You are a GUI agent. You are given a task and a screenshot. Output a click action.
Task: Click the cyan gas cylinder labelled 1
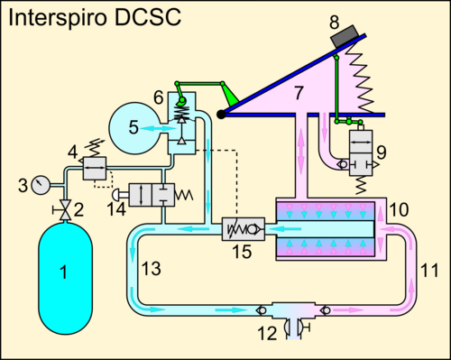(66, 278)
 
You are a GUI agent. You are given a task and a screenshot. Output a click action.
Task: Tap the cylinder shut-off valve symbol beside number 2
(65, 209)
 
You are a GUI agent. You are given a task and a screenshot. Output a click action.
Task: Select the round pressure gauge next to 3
(41, 185)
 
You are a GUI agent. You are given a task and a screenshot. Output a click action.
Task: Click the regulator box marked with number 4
(95, 169)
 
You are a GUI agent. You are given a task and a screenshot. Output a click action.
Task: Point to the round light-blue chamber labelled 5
(133, 128)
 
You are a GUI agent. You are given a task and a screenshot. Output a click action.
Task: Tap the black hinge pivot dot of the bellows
(221, 115)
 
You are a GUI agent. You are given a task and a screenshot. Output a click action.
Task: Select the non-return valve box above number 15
(244, 229)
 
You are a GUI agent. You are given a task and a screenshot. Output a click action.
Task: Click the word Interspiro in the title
(58, 17)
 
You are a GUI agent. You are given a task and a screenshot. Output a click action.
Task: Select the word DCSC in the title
(148, 17)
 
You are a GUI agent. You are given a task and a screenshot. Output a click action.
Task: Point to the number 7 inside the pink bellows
(299, 93)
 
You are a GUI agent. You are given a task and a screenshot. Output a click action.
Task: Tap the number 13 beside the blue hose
(151, 268)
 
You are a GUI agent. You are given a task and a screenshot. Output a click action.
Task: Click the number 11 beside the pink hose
(429, 270)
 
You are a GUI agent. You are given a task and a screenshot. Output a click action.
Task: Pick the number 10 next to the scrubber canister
(399, 209)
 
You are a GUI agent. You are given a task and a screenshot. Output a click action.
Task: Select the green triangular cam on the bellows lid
(230, 95)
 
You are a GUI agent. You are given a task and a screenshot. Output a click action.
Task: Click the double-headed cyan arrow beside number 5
(158, 128)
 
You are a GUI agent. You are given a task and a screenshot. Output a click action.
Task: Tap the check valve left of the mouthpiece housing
(262, 310)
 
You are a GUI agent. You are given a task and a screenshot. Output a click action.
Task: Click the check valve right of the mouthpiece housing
(326, 309)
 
